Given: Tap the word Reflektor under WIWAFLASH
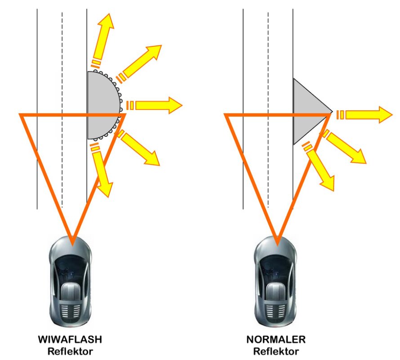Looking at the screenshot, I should tap(73, 351).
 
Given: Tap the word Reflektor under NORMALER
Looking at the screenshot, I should tap(276, 351).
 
